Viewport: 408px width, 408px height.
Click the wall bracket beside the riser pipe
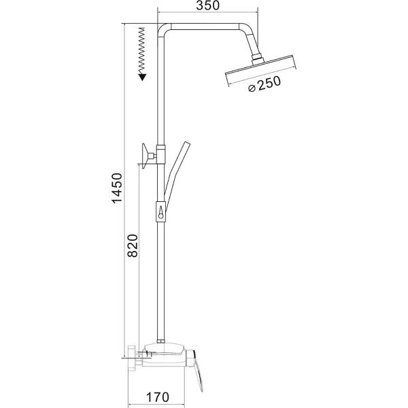pos(146,155)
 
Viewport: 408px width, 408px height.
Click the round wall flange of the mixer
pos(133,356)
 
